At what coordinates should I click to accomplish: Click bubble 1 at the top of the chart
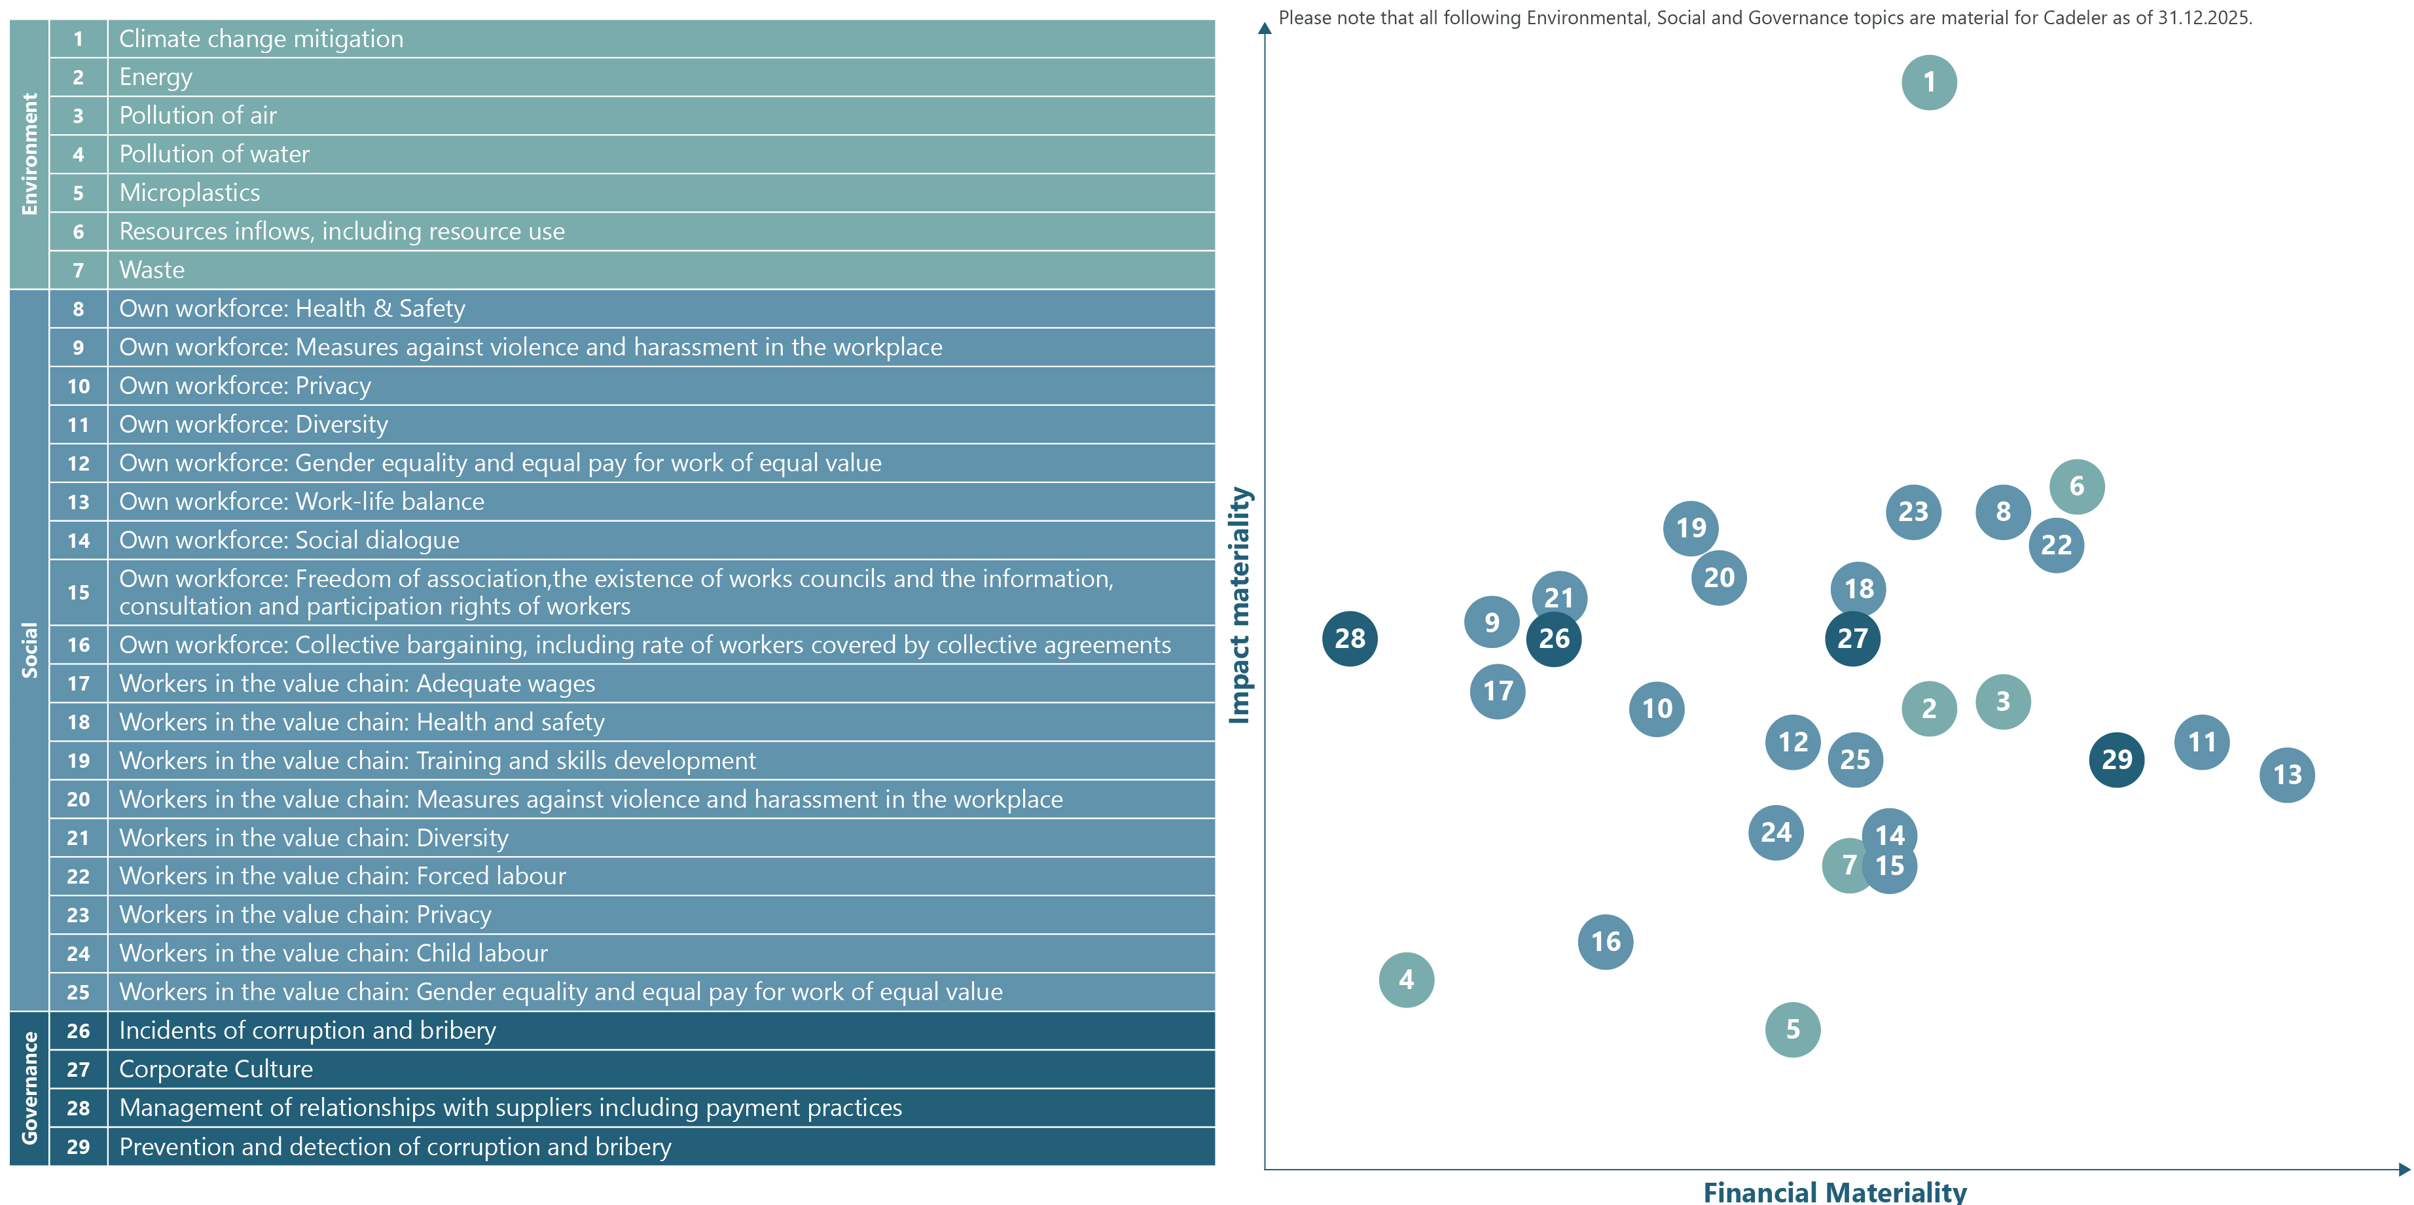[x=1928, y=82]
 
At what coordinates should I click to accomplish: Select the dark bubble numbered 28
[x=1350, y=639]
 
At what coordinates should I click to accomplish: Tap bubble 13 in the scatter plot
[x=2286, y=775]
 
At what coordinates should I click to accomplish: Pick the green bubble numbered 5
[x=1792, y=1030]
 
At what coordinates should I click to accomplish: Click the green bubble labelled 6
[x=2077, y=486]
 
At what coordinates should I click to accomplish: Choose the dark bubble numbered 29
[x=2116, y=759]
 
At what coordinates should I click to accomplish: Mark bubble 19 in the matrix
[x=1691, y=528]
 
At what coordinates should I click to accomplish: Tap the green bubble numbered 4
[x=1406, y=980]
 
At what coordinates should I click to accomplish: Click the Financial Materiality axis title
[x=1834, y=1192]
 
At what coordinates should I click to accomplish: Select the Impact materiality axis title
[x=1240, y=605]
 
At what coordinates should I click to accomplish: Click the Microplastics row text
[x=189, y=193]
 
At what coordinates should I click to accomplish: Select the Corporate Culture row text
[x=215, y=1069]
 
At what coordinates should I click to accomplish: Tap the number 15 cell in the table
[x=79, y=592]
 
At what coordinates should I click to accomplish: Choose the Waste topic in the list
[x=152, y=270]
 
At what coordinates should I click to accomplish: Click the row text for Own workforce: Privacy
[x=245, y=386]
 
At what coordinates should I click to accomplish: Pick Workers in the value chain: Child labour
[x=333, y=953]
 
